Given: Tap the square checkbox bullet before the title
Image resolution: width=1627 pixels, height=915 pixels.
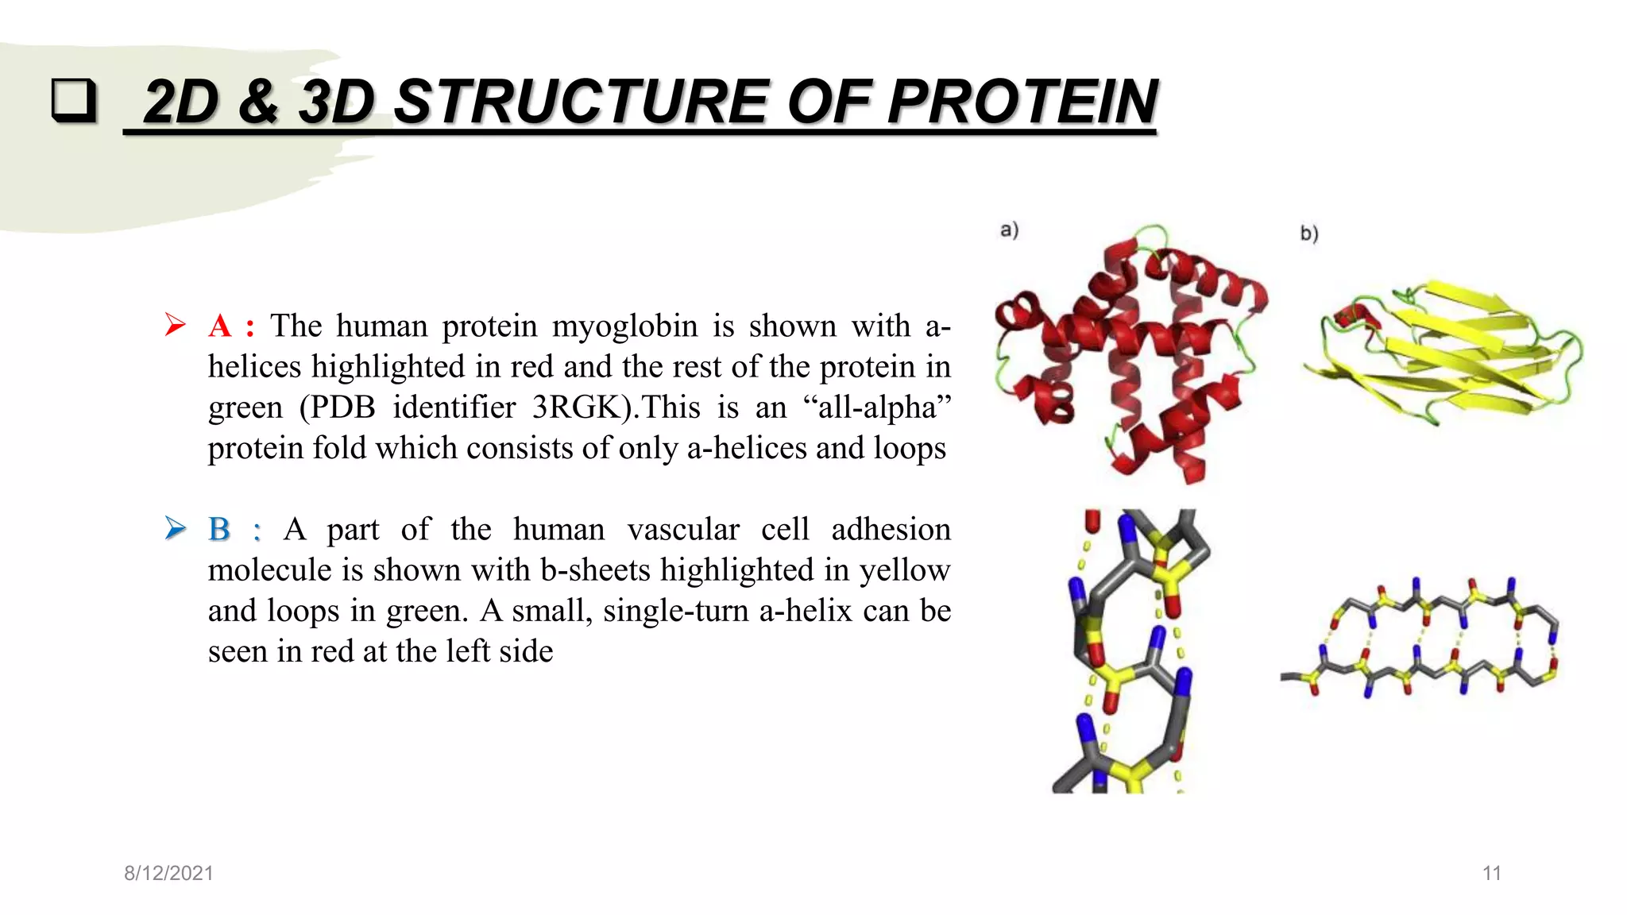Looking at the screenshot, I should click(x=74, y=101).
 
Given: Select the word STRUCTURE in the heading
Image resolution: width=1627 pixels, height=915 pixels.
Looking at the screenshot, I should click(x=581, y=102).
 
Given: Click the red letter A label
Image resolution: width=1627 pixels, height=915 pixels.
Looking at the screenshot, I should click(x=220, y=326).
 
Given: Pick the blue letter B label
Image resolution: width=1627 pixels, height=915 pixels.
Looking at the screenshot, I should click(x=219, y=529).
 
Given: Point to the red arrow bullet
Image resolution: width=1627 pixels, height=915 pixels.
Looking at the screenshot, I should click(x=175, y=325).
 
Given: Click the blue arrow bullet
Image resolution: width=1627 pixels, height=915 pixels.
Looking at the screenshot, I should click(x=175, y=528).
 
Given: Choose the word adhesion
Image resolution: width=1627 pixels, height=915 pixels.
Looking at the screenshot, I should click(x=891, y=529).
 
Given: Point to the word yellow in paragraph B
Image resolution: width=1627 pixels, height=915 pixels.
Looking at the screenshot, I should click(x=905, y=570).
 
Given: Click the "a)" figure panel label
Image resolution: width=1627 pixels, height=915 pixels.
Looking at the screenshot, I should click(x=1009, y=230).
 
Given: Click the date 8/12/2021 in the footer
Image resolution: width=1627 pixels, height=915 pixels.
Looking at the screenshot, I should click(x=168, y=873).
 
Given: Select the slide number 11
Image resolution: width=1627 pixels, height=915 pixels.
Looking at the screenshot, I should click(x=1491, y=873).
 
